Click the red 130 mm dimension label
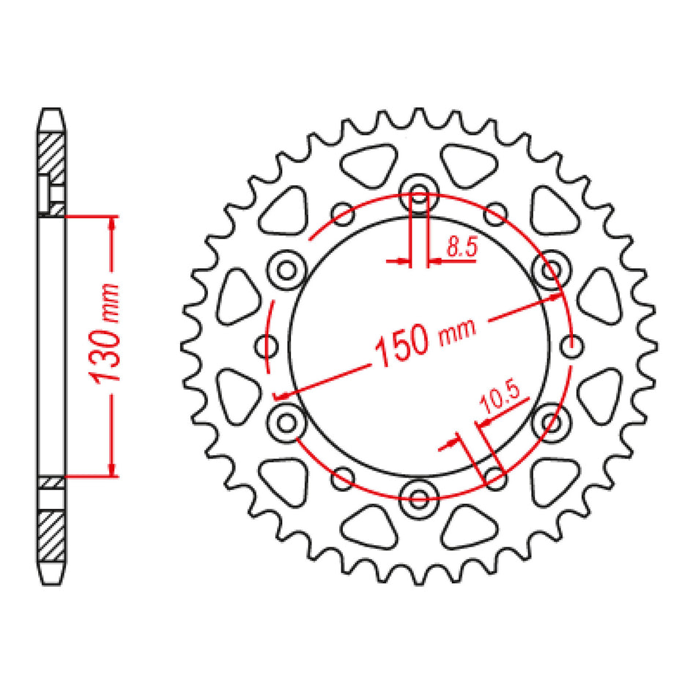[105, 333]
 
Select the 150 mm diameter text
[426, 338]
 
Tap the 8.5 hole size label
[462, 247]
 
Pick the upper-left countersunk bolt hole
[286, 270]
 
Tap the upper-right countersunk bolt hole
[551, 270]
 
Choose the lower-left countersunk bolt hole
[286, 423]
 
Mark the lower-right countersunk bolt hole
[551, 423]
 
